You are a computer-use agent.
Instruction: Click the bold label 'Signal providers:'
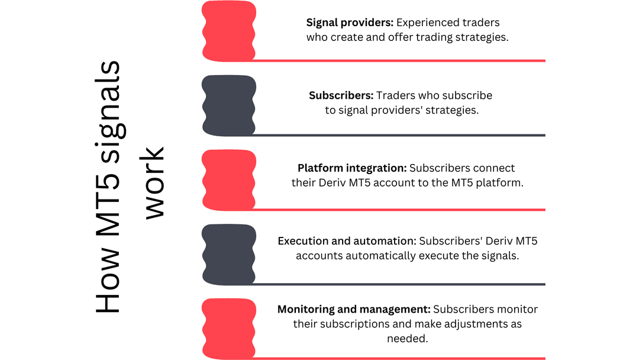[x=350, y=23]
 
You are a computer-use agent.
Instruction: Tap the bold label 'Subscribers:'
[x=341, y=95]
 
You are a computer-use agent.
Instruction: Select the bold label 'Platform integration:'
[x=352, y=168]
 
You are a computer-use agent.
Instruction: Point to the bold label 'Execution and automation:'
[x=347, y=241]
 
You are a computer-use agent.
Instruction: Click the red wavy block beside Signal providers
[x=229, y=31]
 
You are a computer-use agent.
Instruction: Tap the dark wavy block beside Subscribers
[x=229, y=105]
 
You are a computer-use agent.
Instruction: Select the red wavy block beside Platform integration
[x=229, y=180]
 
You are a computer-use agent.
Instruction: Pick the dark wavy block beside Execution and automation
[x=229, y=255]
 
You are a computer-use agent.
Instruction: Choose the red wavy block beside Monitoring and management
[x=229, y=329]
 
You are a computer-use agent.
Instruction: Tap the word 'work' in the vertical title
[x=154, y=182]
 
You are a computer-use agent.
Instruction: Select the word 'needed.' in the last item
[x=408, y=339]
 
